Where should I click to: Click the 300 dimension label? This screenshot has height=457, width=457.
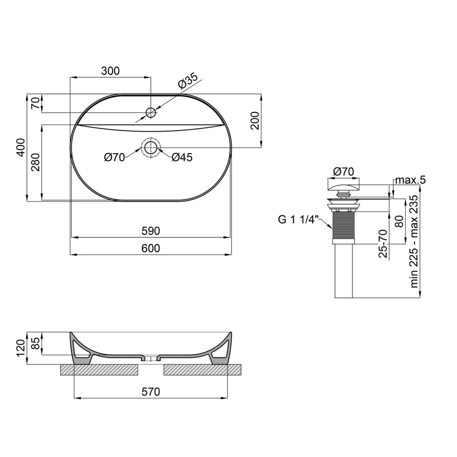[x=111, y=71]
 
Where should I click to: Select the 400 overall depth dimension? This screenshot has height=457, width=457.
[x=21, y=148]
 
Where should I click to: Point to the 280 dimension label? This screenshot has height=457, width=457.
[x=36, y=162]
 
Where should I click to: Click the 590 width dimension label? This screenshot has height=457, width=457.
[x=151, y=231]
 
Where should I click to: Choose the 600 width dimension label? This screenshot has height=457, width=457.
[x=151, y=248]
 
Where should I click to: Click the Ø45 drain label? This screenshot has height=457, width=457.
[x=182, y=157]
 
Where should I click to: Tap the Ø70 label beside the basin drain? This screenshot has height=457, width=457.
[x=115, y=157]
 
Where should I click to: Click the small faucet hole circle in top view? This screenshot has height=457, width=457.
[x=151, y=112]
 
